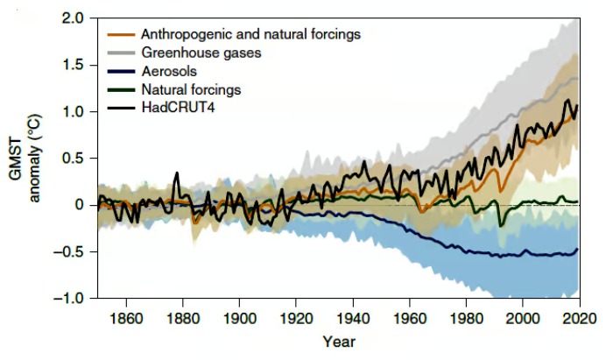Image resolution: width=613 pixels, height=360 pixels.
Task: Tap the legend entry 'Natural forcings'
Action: (x=190, y=89)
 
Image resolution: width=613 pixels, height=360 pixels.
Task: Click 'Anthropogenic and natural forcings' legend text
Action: (x=250, y=34)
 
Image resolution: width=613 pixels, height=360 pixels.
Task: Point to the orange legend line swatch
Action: (x=121, y=34)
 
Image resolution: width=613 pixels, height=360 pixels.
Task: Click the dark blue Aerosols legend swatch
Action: (x=121, y=71)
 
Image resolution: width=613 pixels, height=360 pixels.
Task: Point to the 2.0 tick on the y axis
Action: (x=73, y=18)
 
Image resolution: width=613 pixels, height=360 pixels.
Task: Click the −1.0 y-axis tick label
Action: (x=69, y=299)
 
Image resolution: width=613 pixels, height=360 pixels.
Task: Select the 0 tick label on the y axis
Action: (x=80, y=205)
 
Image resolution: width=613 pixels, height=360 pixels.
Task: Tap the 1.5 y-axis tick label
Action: (x=73, y=66)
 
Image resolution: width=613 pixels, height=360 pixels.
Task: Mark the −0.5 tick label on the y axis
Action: (x=69, y=252)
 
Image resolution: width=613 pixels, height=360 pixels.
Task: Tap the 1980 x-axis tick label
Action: (x=465, y=316)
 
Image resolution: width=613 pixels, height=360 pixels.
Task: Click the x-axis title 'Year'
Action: (x=338, y=341)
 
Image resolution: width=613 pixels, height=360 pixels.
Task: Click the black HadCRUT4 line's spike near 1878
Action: (x=177, y=173)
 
